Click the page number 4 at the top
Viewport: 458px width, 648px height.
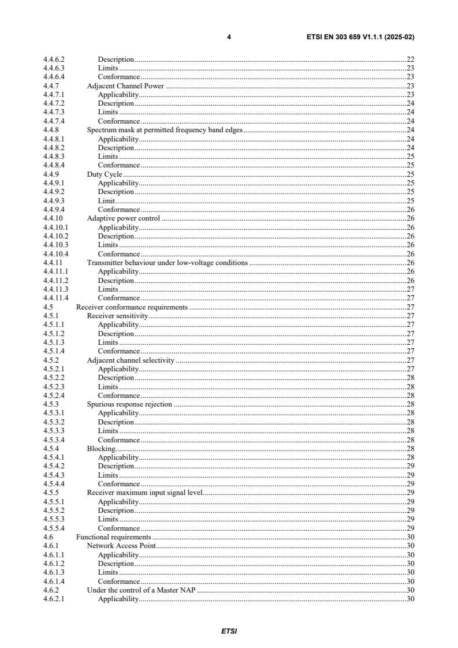point(229,37)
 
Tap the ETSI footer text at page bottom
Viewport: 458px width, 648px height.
point(229,631)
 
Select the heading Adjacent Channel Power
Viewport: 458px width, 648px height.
point(125,85)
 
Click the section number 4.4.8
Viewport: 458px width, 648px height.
point(53,130)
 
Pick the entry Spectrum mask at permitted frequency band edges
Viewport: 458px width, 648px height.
point(165,130)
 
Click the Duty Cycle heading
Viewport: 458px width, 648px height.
point(104,174)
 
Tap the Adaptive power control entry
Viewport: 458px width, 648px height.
point(123,218)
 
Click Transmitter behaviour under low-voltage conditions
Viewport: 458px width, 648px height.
point(167,263)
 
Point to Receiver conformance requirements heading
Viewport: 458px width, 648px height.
point(132,307)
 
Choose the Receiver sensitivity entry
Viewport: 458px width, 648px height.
point(117,316)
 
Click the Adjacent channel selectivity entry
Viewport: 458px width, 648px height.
point(130,360)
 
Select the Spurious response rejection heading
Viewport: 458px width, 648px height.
point(129,404)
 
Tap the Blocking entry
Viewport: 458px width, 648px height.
point(100,448)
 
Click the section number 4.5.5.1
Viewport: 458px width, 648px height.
point(57,501)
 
